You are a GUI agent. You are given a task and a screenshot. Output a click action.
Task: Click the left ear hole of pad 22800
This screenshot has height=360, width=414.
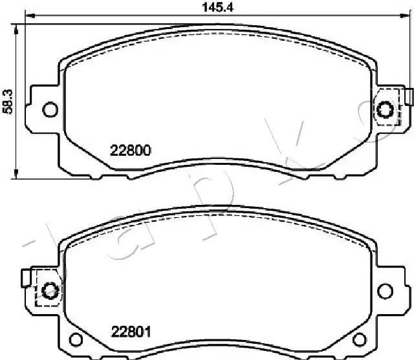pyautogui.click(x=49, y=109)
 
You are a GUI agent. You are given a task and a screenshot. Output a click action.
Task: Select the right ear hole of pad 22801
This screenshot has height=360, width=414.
pyautogui.click(x=386, y=290)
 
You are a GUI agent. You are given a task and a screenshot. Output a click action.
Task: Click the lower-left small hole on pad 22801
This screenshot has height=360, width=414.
pyautogui.click(x=76, y=340)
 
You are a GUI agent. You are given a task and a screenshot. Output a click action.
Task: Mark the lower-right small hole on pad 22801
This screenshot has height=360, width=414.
pyautogui.click(x=360, y=340)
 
